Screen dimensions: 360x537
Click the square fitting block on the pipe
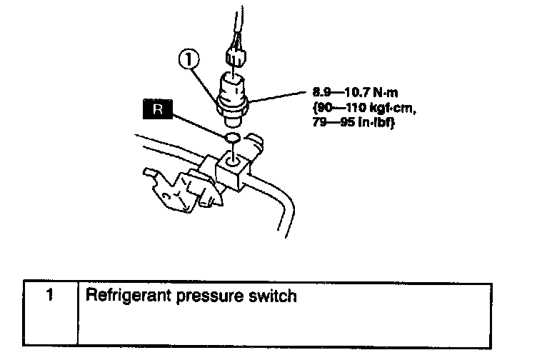tap(234, 171)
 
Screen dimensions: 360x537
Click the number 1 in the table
tap(49, 294)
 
